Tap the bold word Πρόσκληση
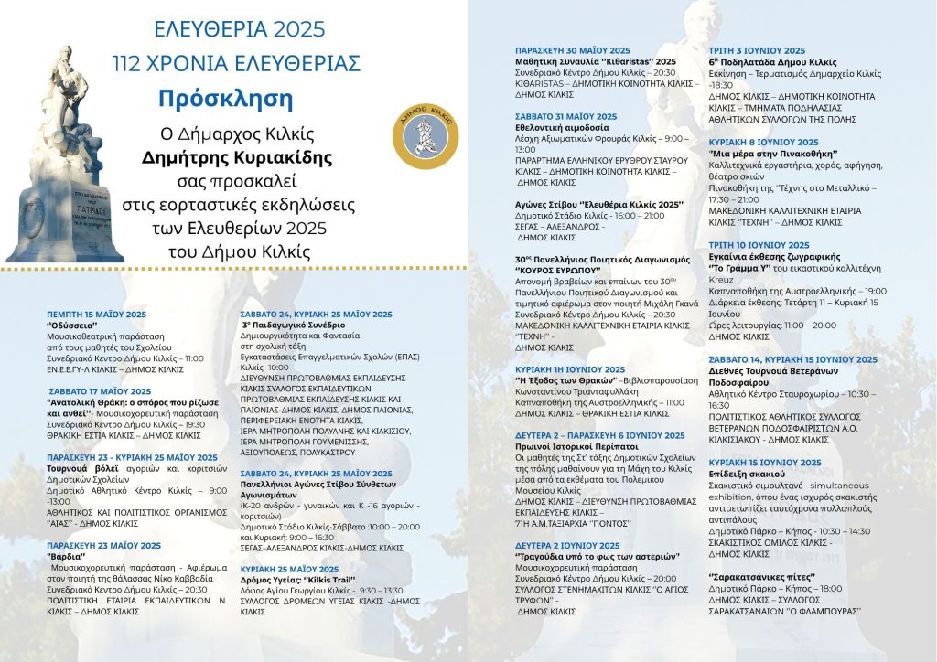[236, 97]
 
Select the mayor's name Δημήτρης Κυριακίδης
[236, 157]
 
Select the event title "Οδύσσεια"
[72, 325]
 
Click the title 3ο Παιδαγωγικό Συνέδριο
[293, 325]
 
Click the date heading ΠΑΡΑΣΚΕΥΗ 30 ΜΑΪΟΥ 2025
[573, 49]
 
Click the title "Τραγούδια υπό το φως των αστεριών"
[597, 556]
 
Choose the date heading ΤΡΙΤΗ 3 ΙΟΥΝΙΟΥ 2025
[757, 50]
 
